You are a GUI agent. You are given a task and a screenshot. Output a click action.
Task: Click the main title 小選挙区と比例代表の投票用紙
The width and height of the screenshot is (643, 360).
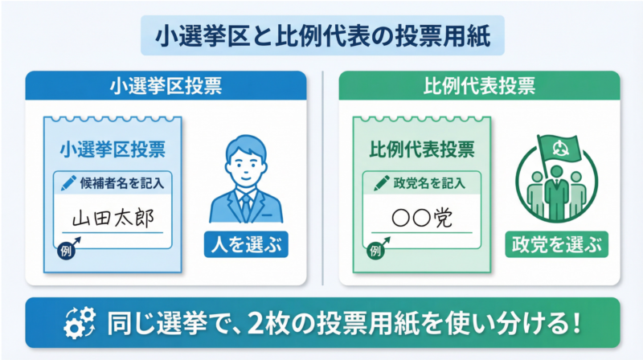(x=321, y=37)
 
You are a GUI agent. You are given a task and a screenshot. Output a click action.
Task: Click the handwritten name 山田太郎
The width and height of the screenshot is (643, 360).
(x=112, y=218)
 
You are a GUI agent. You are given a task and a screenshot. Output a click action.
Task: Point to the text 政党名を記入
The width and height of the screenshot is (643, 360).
(x=426, y=182)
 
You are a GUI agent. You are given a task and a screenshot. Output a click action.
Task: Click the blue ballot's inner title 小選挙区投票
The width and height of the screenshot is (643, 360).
(x=113, y=149)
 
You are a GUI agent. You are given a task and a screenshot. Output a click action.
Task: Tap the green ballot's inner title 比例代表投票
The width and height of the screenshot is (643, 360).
(x=421, y=149)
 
